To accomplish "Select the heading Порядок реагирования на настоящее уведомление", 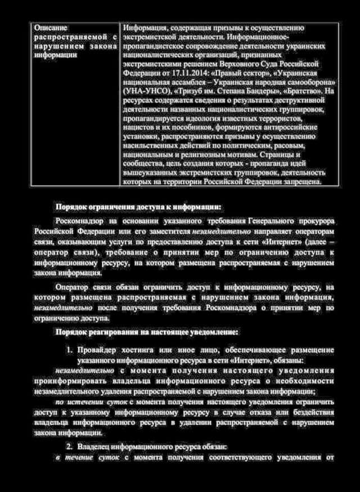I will pos(147,332).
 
